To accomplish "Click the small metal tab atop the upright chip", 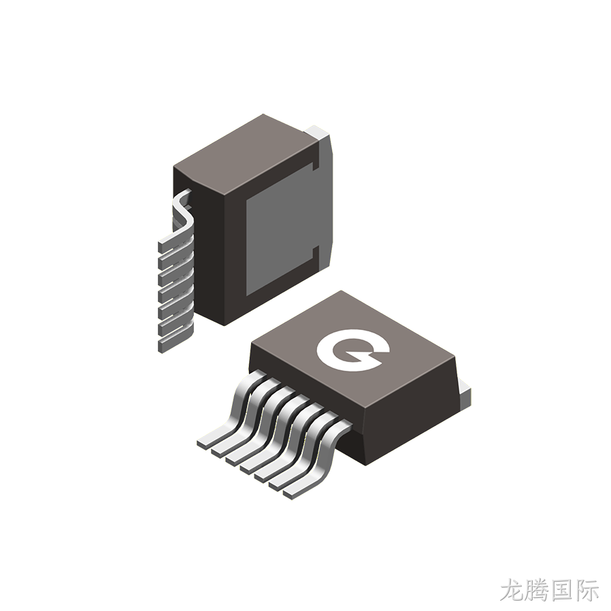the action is [x=318, y=132].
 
